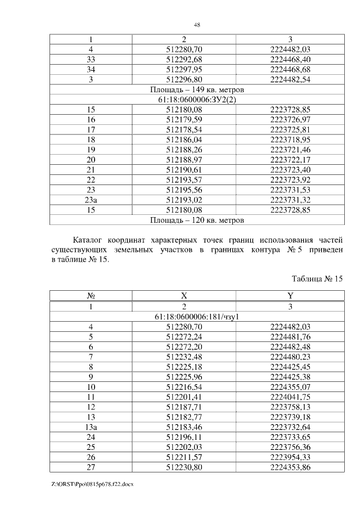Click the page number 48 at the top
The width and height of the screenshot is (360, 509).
(x=197, y=25)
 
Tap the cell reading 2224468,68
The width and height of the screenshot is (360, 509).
(x=290, y=69)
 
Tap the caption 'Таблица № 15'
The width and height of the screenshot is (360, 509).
(x=317, y=279)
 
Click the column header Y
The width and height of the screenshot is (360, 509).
(x=290, y=296)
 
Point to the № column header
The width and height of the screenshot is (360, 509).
(x=91, y=296)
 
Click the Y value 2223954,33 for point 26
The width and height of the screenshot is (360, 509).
(x=290, y=457)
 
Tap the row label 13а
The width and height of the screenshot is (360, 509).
(x=91, y=427)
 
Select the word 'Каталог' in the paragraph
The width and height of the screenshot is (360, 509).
(x=91, y=241)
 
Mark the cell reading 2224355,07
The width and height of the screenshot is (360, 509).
(x=290, y=387)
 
